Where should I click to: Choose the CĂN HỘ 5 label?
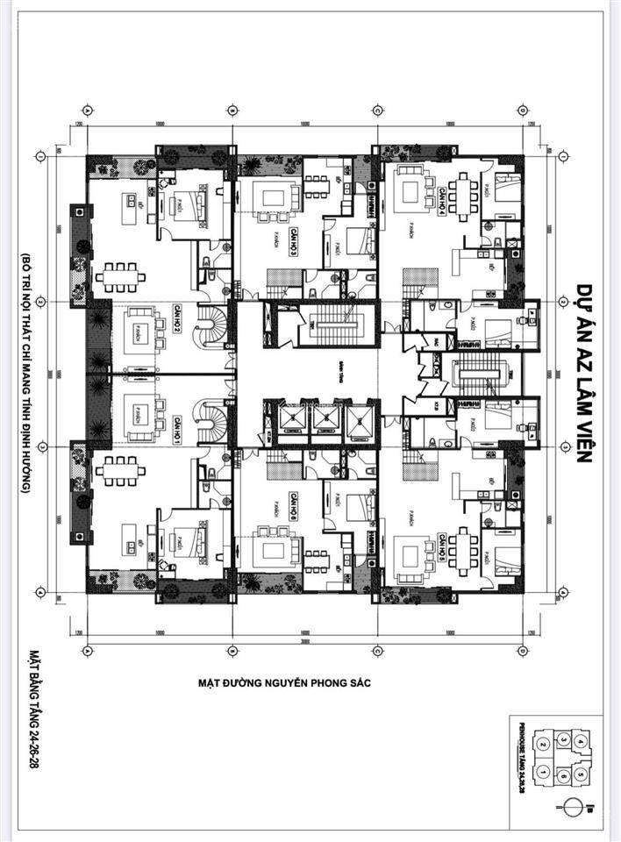pos(442,547)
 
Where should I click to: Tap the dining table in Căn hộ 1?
pos(121,471)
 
